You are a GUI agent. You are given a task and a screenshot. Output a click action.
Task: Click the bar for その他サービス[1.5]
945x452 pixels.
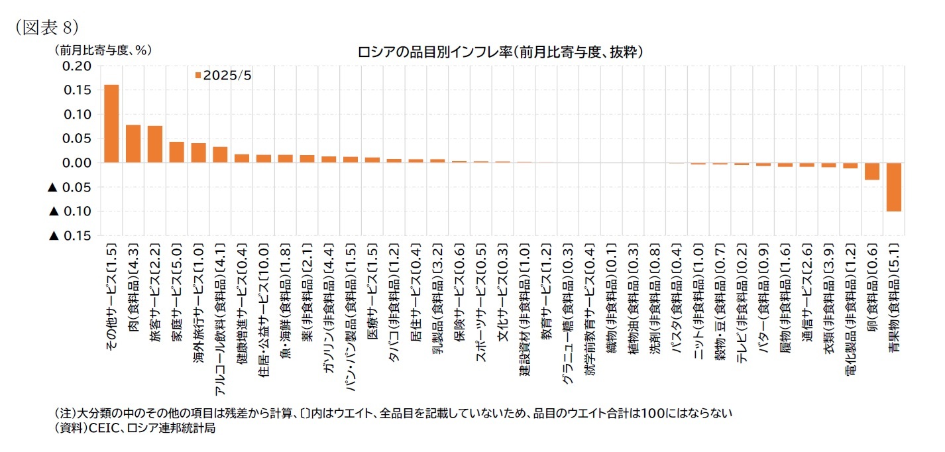coord(111,124)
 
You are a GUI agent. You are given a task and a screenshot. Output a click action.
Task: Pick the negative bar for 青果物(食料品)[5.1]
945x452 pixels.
coord(894,187)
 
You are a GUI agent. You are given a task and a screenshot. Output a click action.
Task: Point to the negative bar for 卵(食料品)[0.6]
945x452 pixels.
coord(872,171)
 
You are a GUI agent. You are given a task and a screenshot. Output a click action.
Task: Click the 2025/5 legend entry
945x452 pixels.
coord(223,76)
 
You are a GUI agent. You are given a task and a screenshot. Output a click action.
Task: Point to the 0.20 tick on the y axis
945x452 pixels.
coord(77,66)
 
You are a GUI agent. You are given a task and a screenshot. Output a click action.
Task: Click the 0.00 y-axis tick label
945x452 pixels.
coord(77,163)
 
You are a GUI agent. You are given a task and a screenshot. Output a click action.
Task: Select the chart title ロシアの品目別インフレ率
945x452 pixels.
coord(500,52)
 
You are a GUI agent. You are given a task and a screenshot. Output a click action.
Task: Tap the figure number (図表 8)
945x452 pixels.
coord(42,27)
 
